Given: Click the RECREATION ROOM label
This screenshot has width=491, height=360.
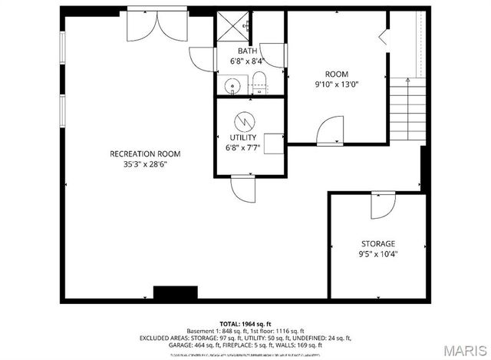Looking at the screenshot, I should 145,154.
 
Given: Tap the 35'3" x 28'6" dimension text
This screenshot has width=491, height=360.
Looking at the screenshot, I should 145,163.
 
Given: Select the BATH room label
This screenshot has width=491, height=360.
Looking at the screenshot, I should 246,51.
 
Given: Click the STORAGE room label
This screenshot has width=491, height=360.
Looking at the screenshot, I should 378,243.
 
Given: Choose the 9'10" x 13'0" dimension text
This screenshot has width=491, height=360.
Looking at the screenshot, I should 337,84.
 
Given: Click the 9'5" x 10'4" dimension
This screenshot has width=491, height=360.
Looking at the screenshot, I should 378,253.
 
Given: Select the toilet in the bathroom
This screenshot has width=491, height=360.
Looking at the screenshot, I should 259,81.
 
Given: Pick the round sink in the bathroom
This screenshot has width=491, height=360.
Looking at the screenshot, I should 232,82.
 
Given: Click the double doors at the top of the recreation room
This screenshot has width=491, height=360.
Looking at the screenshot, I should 157,28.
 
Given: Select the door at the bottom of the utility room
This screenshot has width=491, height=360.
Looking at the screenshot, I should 242,189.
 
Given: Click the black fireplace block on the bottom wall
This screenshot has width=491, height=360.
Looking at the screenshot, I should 170,293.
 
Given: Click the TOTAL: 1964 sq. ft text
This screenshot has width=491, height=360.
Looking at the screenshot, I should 245,323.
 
